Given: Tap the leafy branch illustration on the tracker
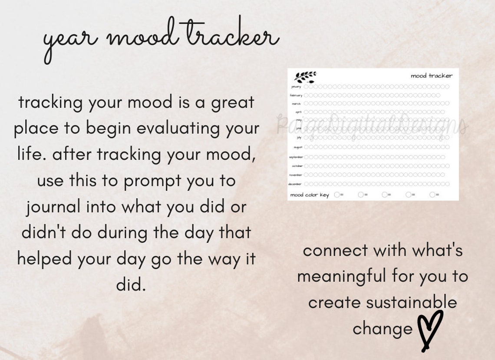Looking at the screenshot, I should click(305, 77).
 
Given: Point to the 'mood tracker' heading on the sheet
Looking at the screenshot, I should click(431, 76).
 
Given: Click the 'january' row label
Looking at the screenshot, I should click(296, 87).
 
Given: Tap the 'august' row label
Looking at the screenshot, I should click(297, 147).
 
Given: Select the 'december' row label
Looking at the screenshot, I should click(295, 184).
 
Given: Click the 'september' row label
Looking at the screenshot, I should click(295, 157).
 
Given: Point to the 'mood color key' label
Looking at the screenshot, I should click(309, 195).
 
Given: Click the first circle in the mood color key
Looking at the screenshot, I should click(337, 195).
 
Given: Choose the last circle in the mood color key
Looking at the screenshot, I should click(432, 195).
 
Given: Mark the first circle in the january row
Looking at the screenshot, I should click(306, 86).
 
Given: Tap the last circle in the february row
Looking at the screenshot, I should click(437, 95).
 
